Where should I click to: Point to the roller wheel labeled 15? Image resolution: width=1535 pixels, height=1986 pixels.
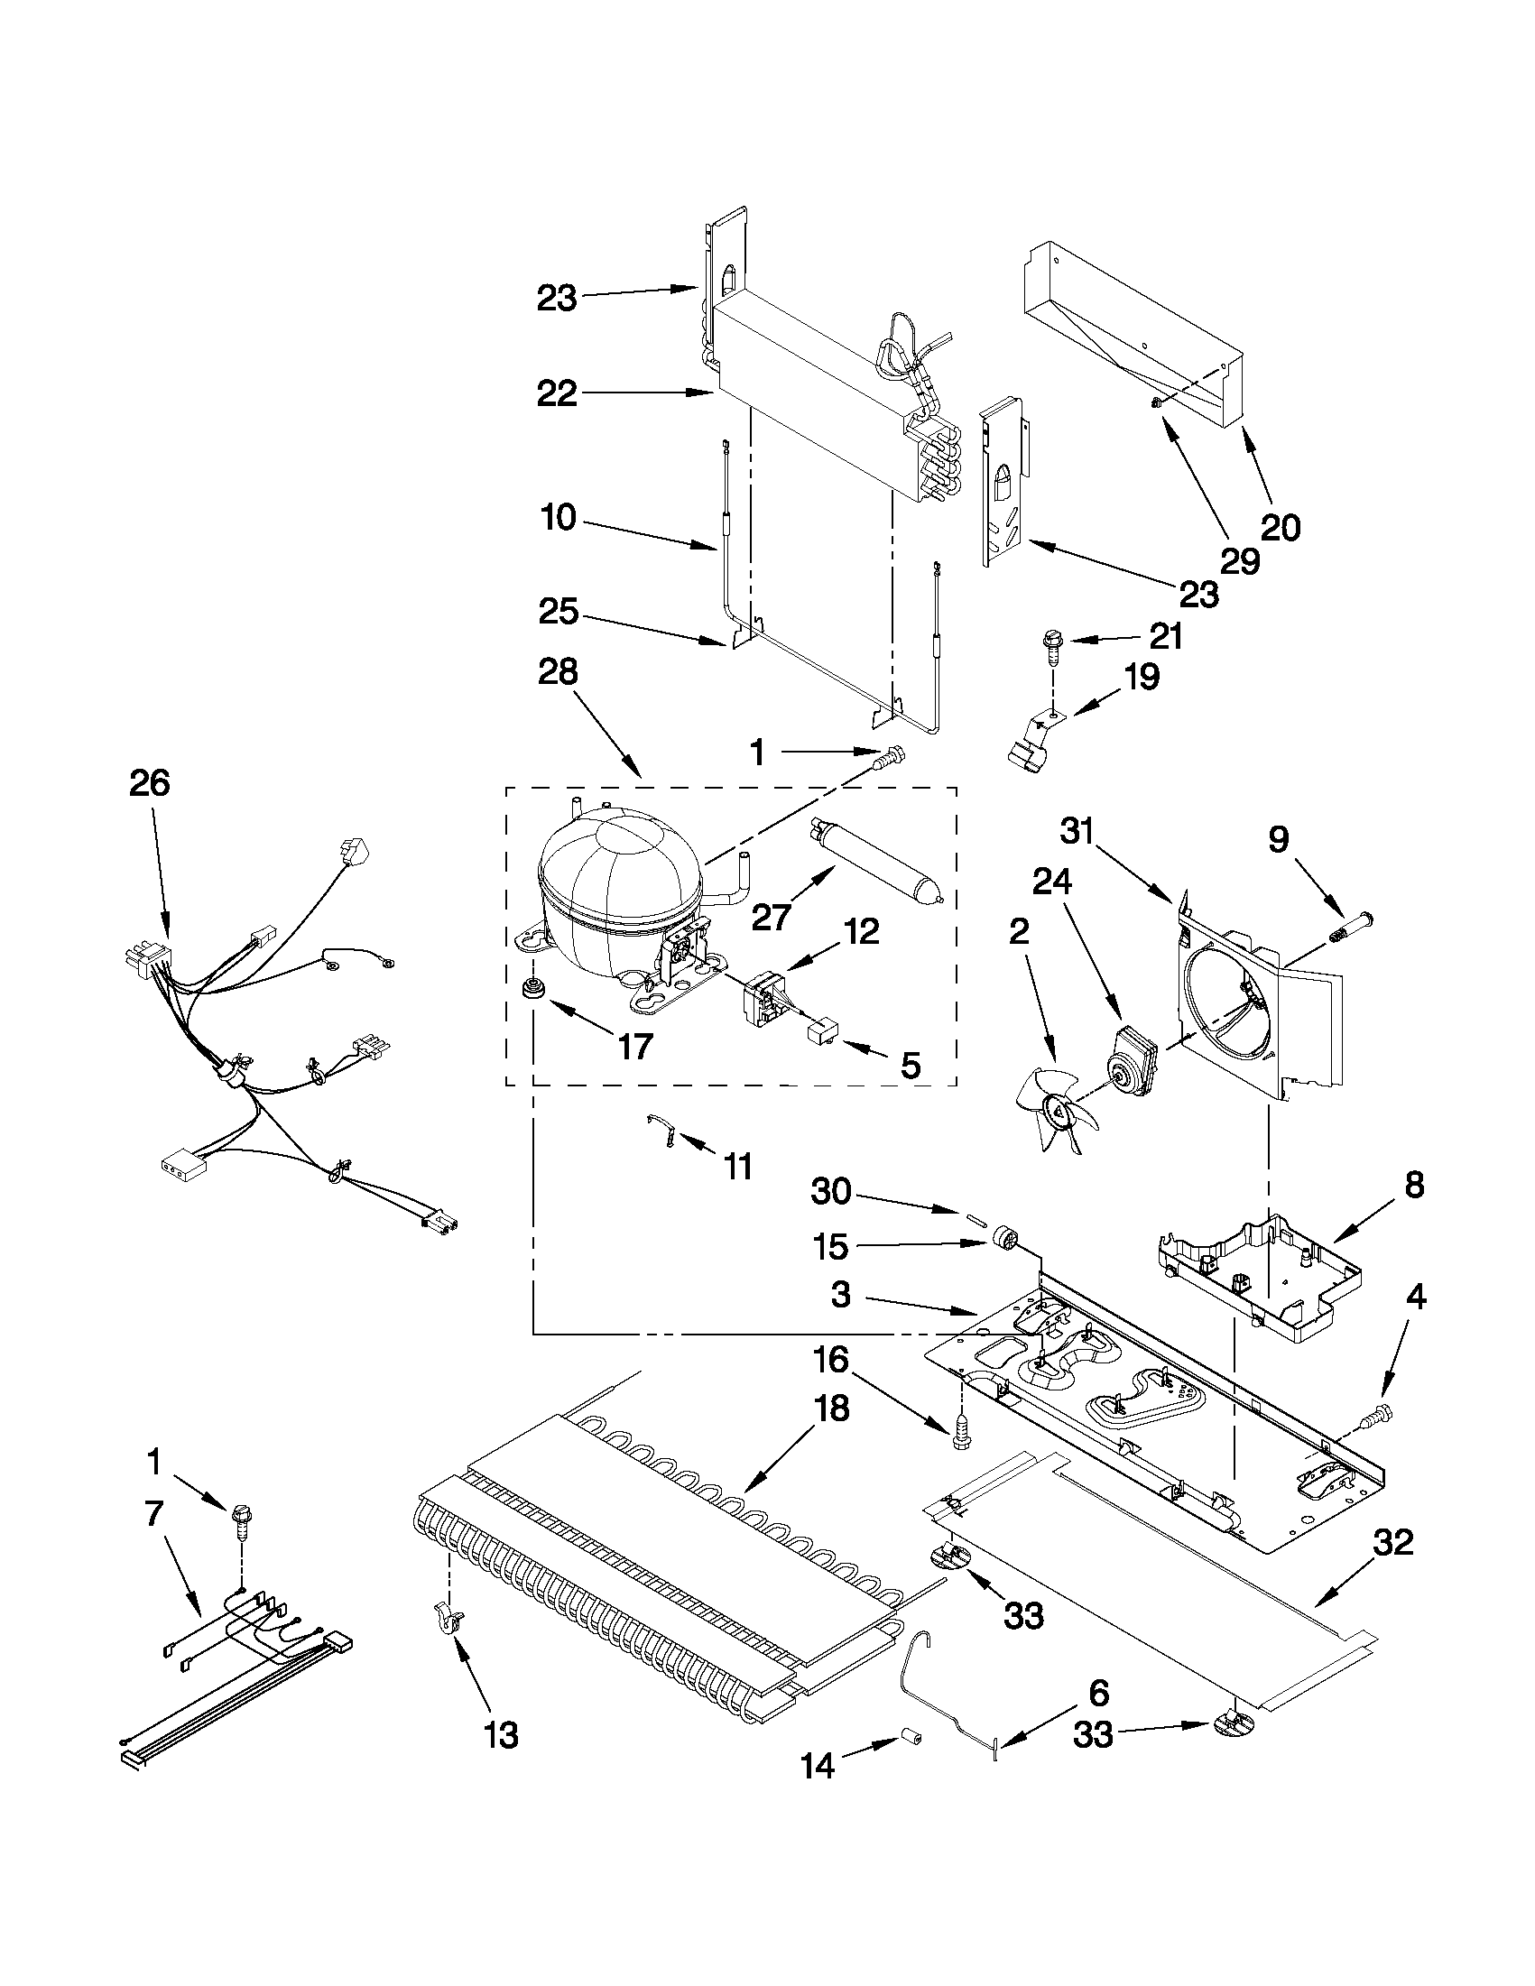1005,1240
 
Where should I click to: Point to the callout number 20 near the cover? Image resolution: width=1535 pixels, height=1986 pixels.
1281,528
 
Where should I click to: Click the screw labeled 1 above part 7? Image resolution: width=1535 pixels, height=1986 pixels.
242,1517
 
